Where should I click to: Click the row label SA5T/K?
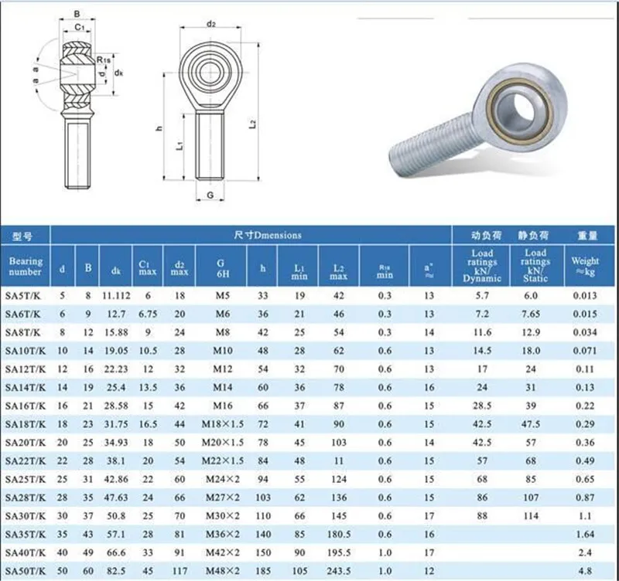pos(26,296)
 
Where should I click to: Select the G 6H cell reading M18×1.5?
pos(221,424)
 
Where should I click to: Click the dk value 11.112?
pos(115,296)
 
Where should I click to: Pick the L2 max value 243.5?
pos(338,571)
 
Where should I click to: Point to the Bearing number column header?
pos(26,267)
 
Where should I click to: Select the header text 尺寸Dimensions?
pos(267,235)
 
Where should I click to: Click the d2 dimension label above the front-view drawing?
pos(210,24)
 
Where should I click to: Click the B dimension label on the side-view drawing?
pos(75,14)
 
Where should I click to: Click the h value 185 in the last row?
pos(263,571)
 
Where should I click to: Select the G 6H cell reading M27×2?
pos(221,498)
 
